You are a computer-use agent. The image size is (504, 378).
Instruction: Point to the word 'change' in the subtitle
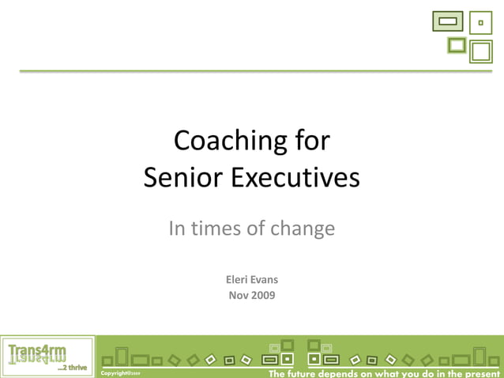point(303,229)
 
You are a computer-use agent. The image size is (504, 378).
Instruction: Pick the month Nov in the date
point(239,295)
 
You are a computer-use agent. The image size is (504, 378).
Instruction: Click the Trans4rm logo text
point(37,350)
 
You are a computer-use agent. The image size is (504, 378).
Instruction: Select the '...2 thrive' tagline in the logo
point(72,367)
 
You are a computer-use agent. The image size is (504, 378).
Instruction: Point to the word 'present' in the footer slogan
point(480,372)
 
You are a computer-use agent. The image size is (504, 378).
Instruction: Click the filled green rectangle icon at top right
point(447,21)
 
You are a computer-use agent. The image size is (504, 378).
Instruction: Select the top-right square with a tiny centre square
point(480,23)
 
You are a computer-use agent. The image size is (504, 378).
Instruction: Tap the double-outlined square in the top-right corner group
point(481,51)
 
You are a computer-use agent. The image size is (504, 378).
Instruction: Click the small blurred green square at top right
point(457,45)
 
